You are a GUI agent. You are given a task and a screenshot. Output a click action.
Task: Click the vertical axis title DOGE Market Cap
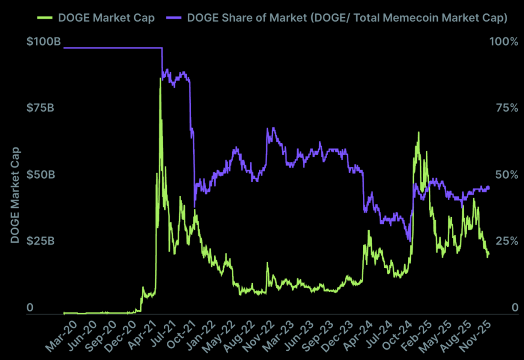tap(15, 195)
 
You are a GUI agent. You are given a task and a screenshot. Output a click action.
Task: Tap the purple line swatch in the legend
tap(174, 18)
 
